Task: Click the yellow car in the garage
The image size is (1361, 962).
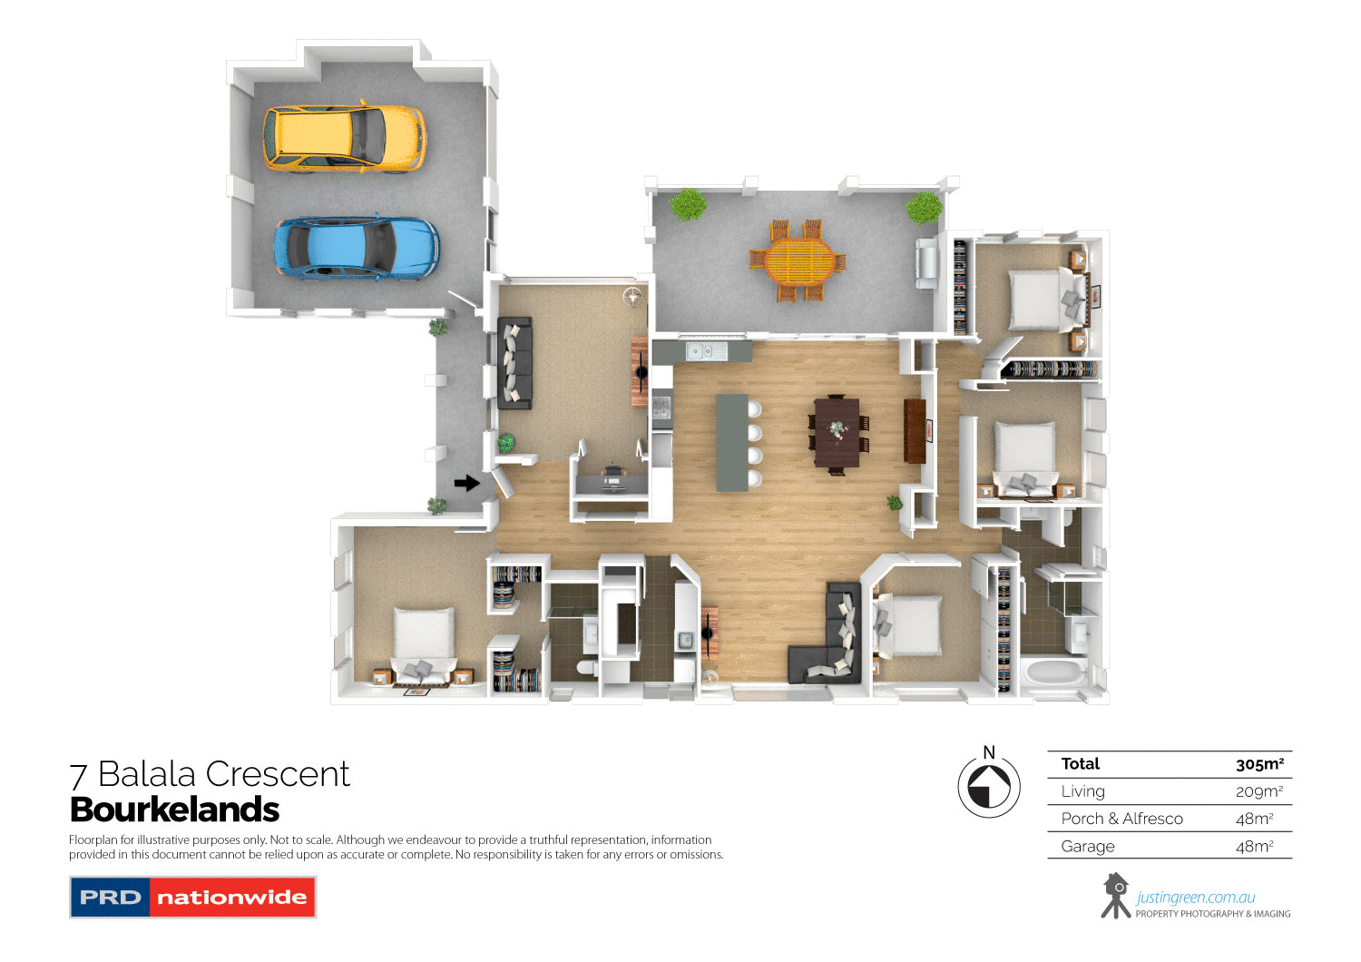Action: (x=343, y=138)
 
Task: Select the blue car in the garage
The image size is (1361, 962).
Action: (x=356, y=246)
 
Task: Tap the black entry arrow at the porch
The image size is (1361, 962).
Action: (x=466, y=483)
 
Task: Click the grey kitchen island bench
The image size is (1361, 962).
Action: (x=732, y=442)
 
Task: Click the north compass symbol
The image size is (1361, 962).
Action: (x=989, y=786)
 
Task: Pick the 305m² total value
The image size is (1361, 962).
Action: (x=1259, y=764)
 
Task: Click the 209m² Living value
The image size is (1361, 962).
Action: (x=1258, y=791)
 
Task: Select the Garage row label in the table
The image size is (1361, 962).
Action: (x=1088, y=847)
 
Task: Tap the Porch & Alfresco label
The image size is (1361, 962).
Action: (x=1121, y=819)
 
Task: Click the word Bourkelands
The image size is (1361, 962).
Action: (x=174, y=810)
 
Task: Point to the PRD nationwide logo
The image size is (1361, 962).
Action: (x=192, y=898)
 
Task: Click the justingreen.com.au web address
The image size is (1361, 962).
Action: (x=1195, y=898)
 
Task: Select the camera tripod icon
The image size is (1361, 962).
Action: (x=1115, y=896)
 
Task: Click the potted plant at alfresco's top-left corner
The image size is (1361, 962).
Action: (x=688, y=204)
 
